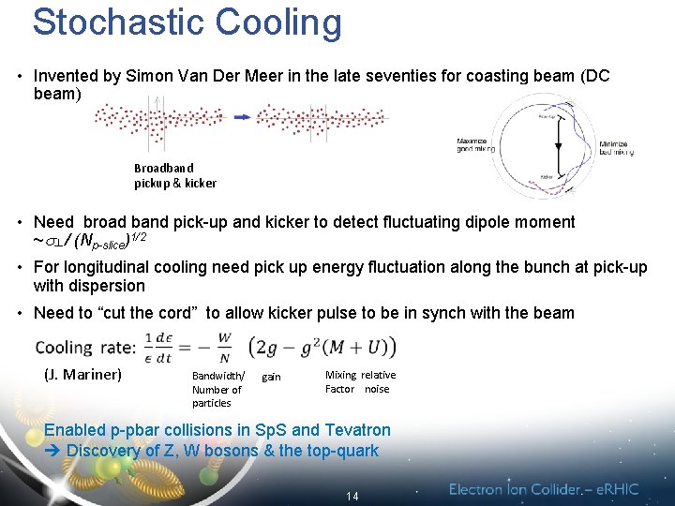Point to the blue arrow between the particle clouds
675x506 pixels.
pyautogui.click(x=241, y=117)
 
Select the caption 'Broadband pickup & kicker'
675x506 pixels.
pyautogui.click(x=174, y=176)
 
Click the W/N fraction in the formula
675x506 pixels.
pyautogui.click(x=224, y=348)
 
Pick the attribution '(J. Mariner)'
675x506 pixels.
pyautogui.click(x=82, y=375)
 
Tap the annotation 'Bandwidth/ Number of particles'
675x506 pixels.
pyautogui.click(x=217, y=389)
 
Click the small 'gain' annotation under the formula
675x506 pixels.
pyautogui.click(x=271, y=377)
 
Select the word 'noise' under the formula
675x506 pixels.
pyautogui.click(x=377, y=389)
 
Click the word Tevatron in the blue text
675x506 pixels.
pyautogui.click(x=342, y=430)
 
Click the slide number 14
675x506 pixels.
pyautogui.click(x=352, y=496)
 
